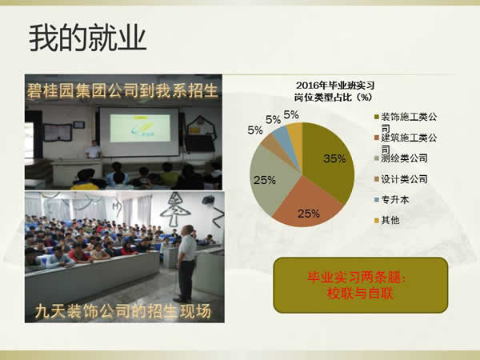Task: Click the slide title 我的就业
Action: click(88, 38)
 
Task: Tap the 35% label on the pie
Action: click(334, 158)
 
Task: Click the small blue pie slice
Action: click(281, 131)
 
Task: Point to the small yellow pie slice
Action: click(294, 129)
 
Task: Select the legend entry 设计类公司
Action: click(404, 178)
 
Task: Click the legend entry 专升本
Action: click(396, 199)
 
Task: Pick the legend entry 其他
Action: click(391, 219)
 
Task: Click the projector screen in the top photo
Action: click(138, 130)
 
